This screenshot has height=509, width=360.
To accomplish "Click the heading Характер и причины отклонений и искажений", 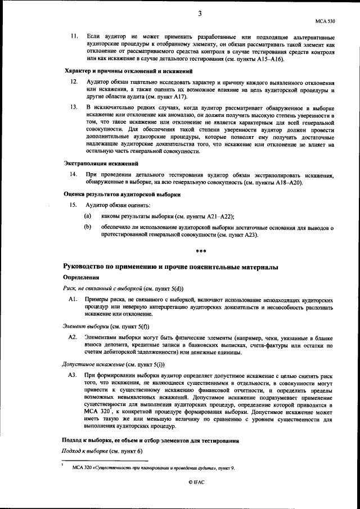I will (129, 71).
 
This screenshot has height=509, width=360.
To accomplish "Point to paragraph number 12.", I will (74, 82).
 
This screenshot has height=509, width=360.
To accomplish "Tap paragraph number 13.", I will (74, 106).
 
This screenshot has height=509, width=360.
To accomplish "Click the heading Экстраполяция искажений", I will (100, 163).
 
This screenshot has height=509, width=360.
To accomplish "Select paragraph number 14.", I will (74, 174).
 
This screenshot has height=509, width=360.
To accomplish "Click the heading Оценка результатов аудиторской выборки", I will (121, 194).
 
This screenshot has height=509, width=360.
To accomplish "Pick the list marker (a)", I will (88, 216).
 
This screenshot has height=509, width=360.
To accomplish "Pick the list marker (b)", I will (88, 227).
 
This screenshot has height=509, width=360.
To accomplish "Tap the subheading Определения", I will (80, 277).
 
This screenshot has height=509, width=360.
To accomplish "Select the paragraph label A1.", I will (72, 301).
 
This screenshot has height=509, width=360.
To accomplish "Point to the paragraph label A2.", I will (72, 337).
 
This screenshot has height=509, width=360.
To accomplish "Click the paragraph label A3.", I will (72, 374).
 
